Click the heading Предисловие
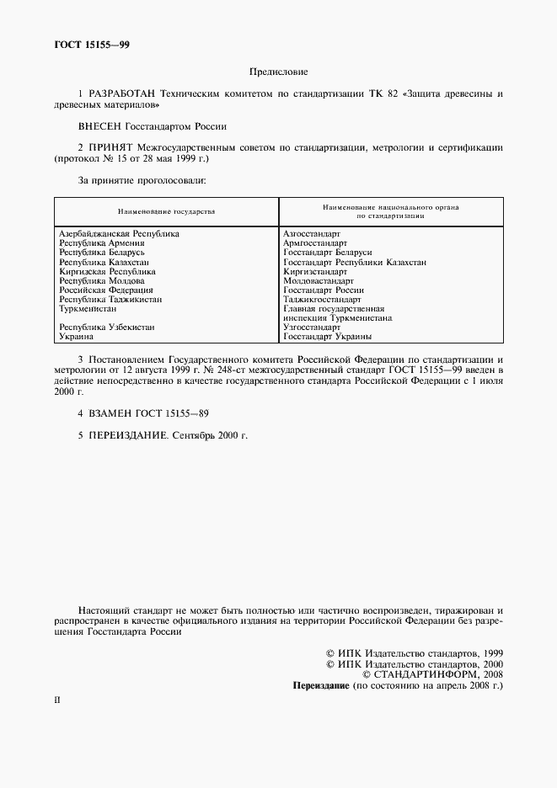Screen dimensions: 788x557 tap(278, 72)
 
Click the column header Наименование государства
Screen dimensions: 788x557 tap(166, 210)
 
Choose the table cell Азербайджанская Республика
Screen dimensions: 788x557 tap(119, 233)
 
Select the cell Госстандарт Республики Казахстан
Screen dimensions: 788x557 tap(355, 262)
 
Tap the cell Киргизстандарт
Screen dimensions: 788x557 tap(315, 271)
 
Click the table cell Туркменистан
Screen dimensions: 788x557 tap(88, 308)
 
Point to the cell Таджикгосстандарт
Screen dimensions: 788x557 tap(323, 299)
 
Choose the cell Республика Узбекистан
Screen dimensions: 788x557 tap(107, 327)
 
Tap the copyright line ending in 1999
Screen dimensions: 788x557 tap(414, 652)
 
